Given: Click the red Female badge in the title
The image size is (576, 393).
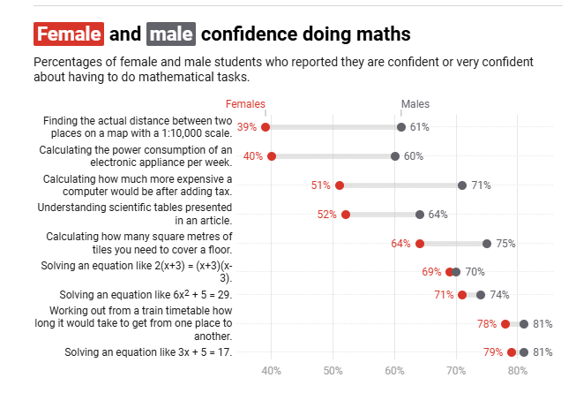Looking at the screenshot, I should (69, 34).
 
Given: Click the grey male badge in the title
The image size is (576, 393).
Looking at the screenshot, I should (170, 34).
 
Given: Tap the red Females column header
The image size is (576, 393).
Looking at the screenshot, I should (245, 104).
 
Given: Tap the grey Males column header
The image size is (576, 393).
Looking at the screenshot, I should (415, 104).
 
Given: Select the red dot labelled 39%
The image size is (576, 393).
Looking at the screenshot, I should (266, 127).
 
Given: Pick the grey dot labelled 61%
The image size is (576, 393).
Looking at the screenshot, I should (401, 127).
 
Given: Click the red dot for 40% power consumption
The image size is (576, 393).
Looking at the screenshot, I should (272, 156).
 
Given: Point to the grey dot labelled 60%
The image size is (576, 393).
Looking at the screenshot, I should (395, 156).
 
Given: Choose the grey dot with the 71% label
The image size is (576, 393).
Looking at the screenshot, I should (462, 185).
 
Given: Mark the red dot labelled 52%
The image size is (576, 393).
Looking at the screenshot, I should (346, 215).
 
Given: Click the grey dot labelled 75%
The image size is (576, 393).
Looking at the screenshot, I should (487, 244).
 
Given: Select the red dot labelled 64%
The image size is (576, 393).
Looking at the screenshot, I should (420, 244).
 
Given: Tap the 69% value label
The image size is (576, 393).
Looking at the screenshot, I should (431, 272).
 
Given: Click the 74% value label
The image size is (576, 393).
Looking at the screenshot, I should (498, 295).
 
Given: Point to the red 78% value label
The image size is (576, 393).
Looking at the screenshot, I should (487, 324).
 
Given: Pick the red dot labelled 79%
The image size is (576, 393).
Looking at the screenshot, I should (512, 352).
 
